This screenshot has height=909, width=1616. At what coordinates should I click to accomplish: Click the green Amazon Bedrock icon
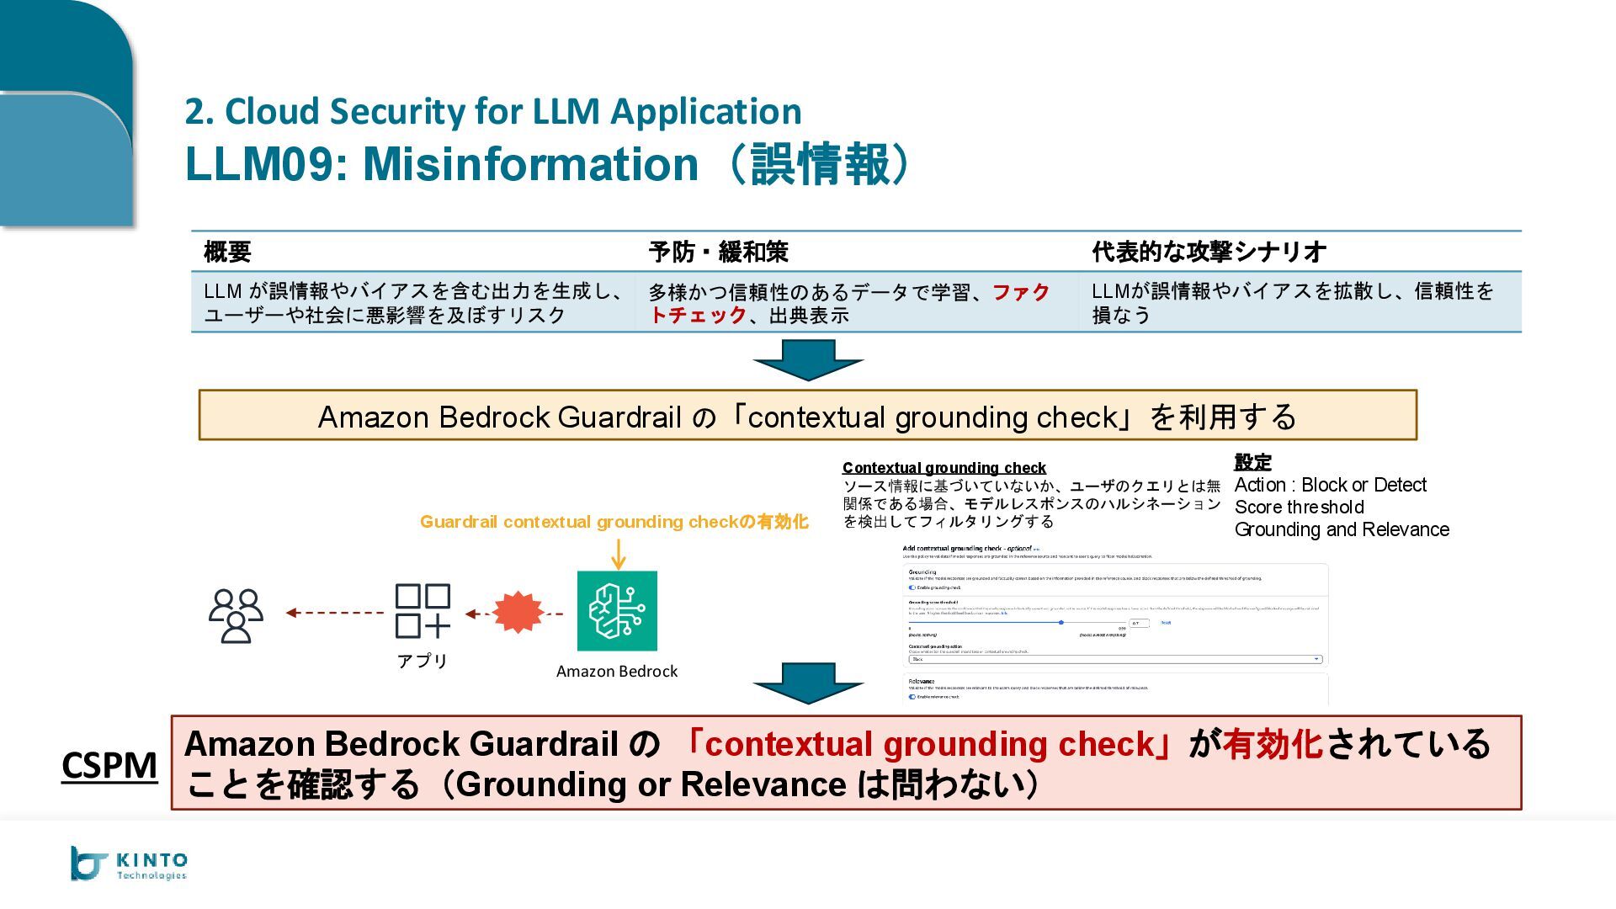click(617, 610)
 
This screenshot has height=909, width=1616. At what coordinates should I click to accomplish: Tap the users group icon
click(236, 615)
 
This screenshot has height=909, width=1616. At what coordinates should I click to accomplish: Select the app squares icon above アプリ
click(423, 611)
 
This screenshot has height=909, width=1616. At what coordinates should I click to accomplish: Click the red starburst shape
click(518, 612)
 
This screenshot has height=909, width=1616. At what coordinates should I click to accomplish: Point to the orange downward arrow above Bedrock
click(619, 554)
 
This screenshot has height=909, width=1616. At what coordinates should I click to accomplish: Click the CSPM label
click(109, 765)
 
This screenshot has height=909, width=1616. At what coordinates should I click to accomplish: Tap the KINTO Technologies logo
click(129, 864)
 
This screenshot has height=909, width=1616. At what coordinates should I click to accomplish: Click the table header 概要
click(227, 252)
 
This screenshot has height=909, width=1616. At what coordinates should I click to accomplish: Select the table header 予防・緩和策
click(718, 252)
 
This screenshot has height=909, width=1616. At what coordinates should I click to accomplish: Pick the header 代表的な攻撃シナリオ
click(1209, 252)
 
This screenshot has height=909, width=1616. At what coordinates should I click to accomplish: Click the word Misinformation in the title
click(530, 163)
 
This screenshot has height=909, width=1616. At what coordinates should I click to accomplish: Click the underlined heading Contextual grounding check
click(944, 468)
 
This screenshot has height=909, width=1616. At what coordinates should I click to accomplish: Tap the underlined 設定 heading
click(1252, 462)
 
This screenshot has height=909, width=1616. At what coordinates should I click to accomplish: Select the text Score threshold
click(1299, 508)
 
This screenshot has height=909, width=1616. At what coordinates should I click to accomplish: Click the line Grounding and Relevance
click(1342, 529)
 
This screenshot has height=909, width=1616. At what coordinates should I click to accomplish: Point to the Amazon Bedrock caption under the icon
click(617, 671)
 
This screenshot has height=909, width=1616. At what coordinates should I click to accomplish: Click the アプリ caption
click(423, 661)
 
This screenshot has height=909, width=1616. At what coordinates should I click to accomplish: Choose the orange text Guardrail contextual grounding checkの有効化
click(614, 522)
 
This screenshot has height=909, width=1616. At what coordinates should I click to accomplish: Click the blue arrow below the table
click(808, 359)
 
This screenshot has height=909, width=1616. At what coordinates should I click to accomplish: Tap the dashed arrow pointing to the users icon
click(334, 613)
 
